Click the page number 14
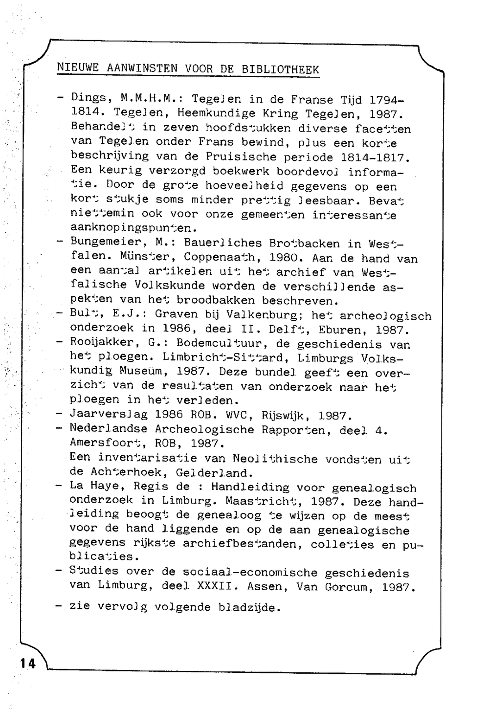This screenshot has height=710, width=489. [27, 663]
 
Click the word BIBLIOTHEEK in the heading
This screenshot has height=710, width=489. [280, 69]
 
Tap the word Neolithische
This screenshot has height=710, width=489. [275, 459]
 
